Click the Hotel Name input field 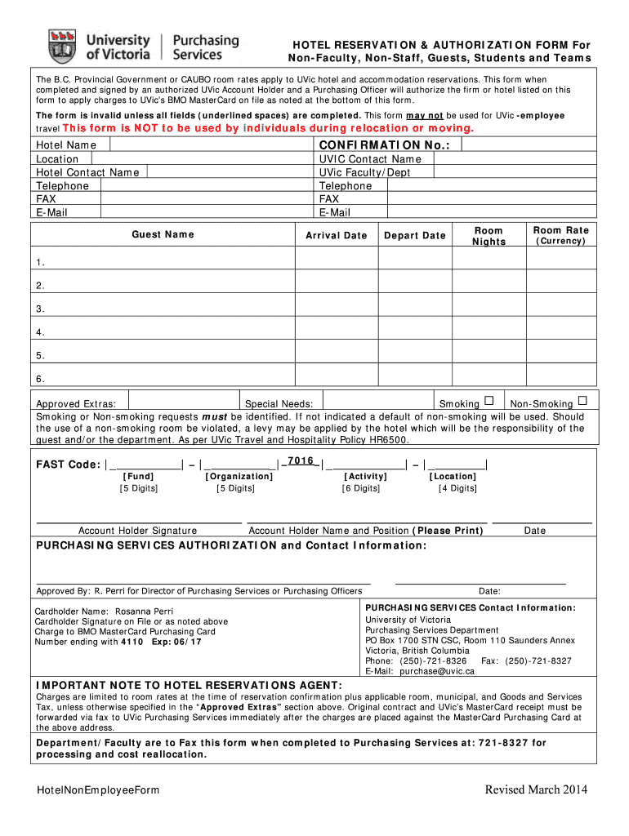tap(211, 145)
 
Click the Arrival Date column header tap(337, 235)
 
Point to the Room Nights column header tap(488, 235)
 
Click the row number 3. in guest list tap(40, 309)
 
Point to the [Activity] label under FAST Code tap(361, 476)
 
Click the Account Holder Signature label tap(137, 531)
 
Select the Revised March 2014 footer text tap(535, 789)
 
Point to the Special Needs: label tap(273, 404)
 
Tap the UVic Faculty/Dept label tap(364, 172)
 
